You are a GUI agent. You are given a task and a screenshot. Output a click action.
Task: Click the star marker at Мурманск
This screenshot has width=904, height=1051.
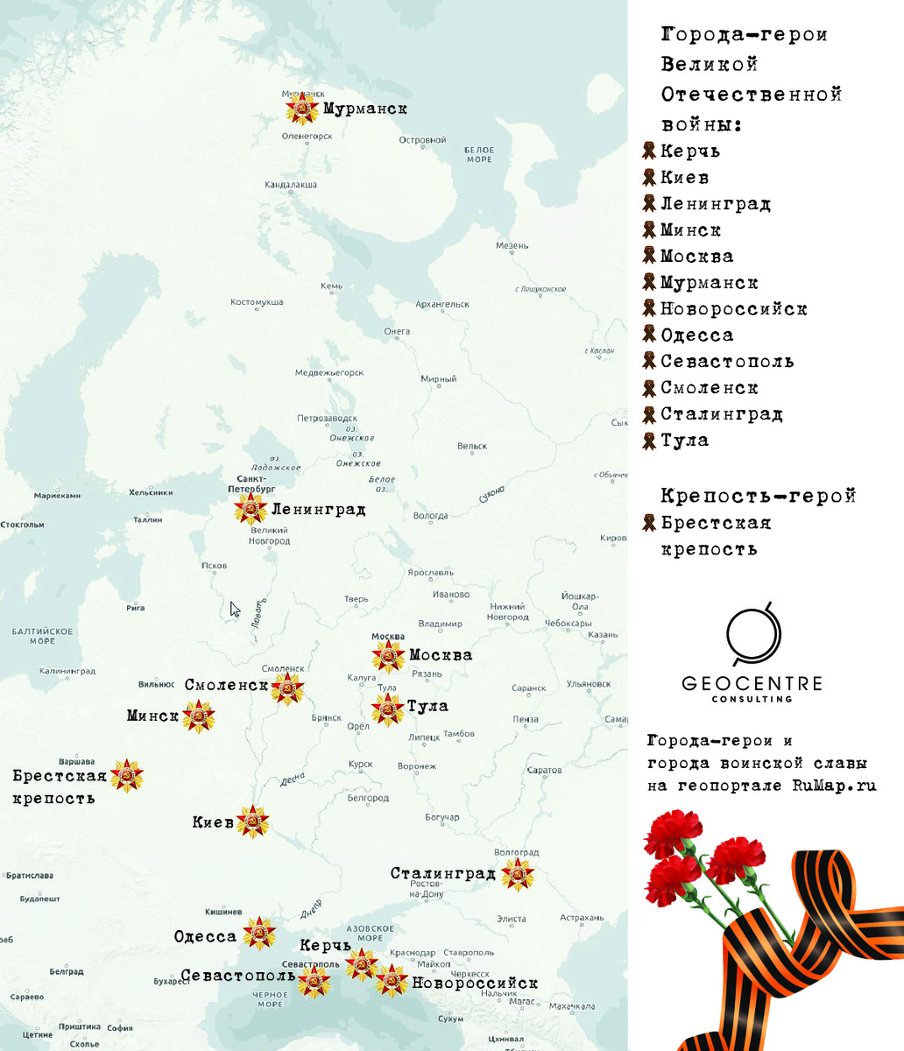point(302,109)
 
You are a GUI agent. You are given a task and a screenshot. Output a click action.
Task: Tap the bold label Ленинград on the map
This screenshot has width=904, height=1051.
point(318,509)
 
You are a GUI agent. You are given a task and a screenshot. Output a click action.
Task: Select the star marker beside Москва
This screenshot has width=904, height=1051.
point(387,656)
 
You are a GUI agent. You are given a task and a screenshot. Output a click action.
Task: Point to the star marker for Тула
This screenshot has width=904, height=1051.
point(387,709)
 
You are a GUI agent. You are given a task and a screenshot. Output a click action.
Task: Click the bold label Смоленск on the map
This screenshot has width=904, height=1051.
point(225,685)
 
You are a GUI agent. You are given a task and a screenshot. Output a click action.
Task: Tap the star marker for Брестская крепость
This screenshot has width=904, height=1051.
point(127,776)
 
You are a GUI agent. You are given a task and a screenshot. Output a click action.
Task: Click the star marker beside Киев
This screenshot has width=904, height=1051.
point(253,822)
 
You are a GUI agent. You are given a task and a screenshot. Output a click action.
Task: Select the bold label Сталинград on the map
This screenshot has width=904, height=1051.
point(443,873)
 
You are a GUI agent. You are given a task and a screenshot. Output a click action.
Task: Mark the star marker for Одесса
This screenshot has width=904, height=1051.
point(259,934)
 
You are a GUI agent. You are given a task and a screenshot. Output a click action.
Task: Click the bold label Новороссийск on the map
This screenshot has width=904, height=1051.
point(475,984)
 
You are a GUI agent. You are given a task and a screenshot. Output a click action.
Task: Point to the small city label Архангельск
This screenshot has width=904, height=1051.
point(442,305)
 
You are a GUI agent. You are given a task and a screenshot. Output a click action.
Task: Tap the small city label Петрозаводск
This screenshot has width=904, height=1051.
point(327,419)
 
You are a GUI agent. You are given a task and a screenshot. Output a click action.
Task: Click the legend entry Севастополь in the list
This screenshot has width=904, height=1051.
point(727,362)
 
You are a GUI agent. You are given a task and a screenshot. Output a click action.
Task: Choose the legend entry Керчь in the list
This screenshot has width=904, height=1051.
point(690,152)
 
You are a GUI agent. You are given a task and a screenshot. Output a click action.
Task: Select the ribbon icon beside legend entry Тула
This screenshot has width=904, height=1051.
point(649,440)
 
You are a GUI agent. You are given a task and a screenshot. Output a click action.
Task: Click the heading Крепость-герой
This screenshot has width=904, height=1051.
point(758,497)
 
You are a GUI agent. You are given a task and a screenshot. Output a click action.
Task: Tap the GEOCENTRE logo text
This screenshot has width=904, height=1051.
point(752,683)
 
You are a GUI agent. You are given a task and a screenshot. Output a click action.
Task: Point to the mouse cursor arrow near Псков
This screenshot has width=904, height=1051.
point(234,609)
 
